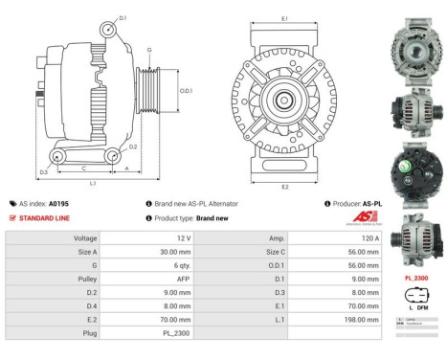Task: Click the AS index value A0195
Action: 59,204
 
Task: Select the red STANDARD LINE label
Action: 44,217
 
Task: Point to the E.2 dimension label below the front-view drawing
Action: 284,187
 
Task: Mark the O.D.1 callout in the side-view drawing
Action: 186,91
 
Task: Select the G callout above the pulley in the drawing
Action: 149,50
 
